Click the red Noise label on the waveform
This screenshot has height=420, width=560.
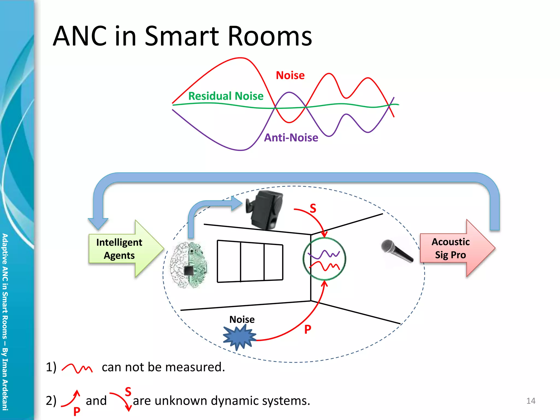point(290,75)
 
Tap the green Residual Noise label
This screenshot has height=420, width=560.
point(226,96)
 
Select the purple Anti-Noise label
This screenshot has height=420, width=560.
point(291,138)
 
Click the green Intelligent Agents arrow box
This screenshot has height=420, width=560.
point(123,249)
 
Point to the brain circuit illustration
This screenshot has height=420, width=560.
point(189,265)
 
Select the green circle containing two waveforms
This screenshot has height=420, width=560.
point(324,259)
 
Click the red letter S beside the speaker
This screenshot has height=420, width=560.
point(313,208)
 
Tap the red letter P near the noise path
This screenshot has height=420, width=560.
point(308,329)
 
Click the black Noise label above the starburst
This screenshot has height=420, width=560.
point(242,319)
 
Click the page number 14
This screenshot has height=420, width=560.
point(530,401)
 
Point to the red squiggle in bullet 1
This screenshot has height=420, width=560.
point(77,368)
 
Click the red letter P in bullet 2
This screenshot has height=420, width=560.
point(77,411)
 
